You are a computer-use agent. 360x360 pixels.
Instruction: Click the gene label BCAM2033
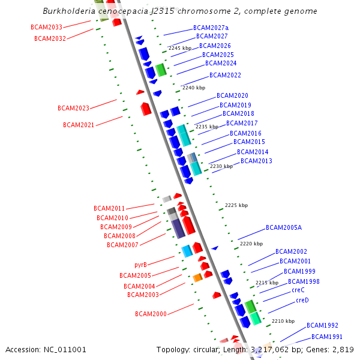coord(46,28)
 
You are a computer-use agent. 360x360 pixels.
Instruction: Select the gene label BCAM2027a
coord(211,28)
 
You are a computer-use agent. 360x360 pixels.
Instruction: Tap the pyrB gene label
coord(140,265)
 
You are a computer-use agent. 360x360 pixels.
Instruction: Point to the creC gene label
coord(298,290)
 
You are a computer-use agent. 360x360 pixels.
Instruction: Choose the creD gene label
coord(302,300)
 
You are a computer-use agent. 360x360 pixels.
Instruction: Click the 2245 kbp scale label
coord(179,48)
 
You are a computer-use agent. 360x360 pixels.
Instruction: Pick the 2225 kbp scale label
coord(236,205)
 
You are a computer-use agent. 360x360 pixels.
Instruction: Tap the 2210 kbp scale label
coord(283,321)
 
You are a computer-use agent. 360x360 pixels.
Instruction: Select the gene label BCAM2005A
coord(284,228)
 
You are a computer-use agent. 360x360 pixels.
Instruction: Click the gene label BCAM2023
coord(73,109)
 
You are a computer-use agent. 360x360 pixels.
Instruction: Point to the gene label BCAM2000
coord(151,314)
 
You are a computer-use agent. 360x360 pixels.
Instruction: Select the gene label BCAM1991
coord(327,337)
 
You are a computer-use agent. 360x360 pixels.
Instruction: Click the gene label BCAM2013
coord(256,161)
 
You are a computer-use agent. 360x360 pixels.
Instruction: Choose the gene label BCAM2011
coord(109,209)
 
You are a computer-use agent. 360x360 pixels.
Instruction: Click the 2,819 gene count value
coord(343,349)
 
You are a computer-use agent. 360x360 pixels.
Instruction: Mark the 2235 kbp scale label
coord(207,127)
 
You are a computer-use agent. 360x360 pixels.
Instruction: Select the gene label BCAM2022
coord(225,76)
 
